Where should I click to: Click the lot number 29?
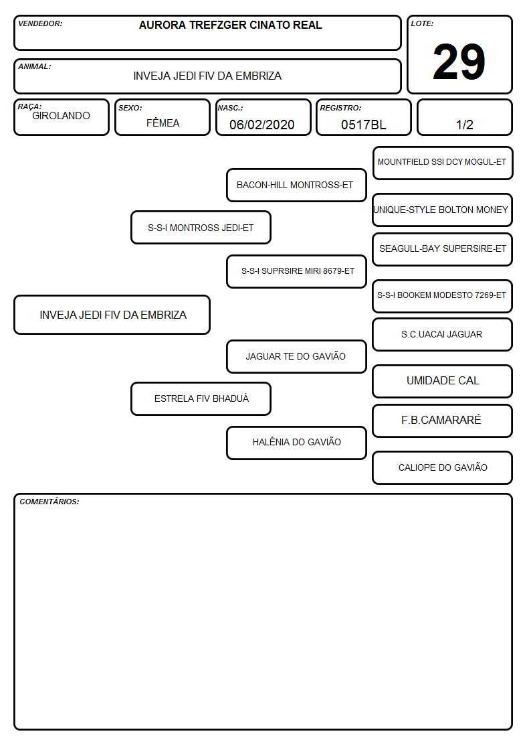click(459, 62)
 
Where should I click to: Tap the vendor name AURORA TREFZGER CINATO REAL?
click(230, 25)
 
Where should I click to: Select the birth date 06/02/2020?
click(262, 125)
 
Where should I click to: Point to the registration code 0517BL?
click(363, 125)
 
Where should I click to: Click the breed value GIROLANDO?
click(61, 116)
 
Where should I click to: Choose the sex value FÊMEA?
click(163, 123)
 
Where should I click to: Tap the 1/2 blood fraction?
click(464, 125)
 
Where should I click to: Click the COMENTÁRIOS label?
click(49, 502)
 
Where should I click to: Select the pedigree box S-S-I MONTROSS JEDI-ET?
click(201, 227)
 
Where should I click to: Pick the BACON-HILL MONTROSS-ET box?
click(296, 185)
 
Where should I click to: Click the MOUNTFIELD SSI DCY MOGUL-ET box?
click(443, 163)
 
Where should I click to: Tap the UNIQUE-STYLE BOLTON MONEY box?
click(443, 210)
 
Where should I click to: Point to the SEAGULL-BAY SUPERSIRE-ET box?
click(443, 249)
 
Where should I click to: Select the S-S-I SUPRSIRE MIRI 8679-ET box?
click(296, 271)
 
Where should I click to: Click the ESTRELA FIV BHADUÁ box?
click(201, 398)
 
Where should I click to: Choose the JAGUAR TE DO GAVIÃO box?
click(296, 356)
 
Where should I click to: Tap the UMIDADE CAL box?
click(443, 381)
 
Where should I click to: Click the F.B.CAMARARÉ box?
click(443, 421)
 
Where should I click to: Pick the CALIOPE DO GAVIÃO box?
click(443, 467)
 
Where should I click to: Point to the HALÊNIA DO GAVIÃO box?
click(296, 443)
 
